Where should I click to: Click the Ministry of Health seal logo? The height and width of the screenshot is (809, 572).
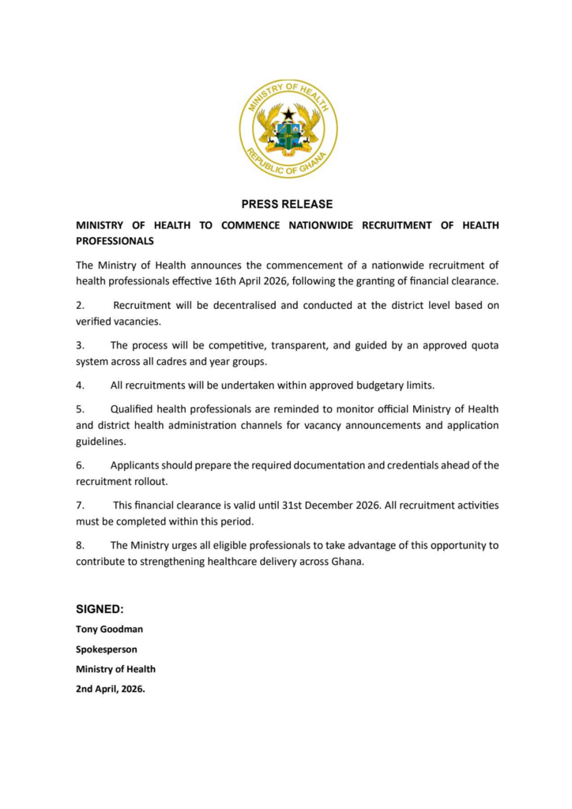coord(288,129)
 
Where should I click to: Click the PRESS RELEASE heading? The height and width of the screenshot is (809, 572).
coord(287,204)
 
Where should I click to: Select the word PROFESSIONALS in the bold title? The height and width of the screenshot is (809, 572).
coord(115,240)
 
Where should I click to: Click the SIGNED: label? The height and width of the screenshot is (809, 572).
coord(100,609)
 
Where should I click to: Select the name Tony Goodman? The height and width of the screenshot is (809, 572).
coord(109,630)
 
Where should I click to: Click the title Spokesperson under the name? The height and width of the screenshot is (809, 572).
coord(107,649)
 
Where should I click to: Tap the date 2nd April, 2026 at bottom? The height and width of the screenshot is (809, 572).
coord(111,688)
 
